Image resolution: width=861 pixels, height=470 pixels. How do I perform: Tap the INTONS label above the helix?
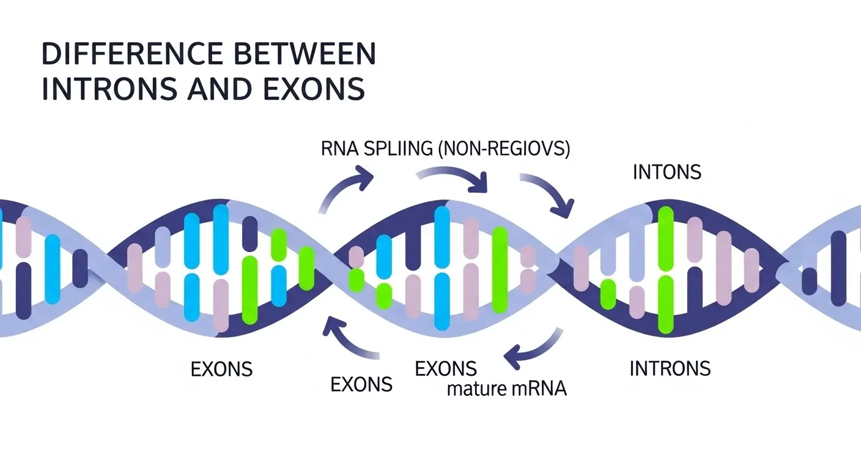667,172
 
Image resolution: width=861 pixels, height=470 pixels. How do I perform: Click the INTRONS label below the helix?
670,368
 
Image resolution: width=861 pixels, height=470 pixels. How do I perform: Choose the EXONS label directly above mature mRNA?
446,369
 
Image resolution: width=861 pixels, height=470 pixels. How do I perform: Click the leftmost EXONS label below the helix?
222,370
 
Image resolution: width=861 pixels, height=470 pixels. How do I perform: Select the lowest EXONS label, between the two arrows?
361,384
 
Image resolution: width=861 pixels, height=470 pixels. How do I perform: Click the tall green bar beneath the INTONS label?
666,269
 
